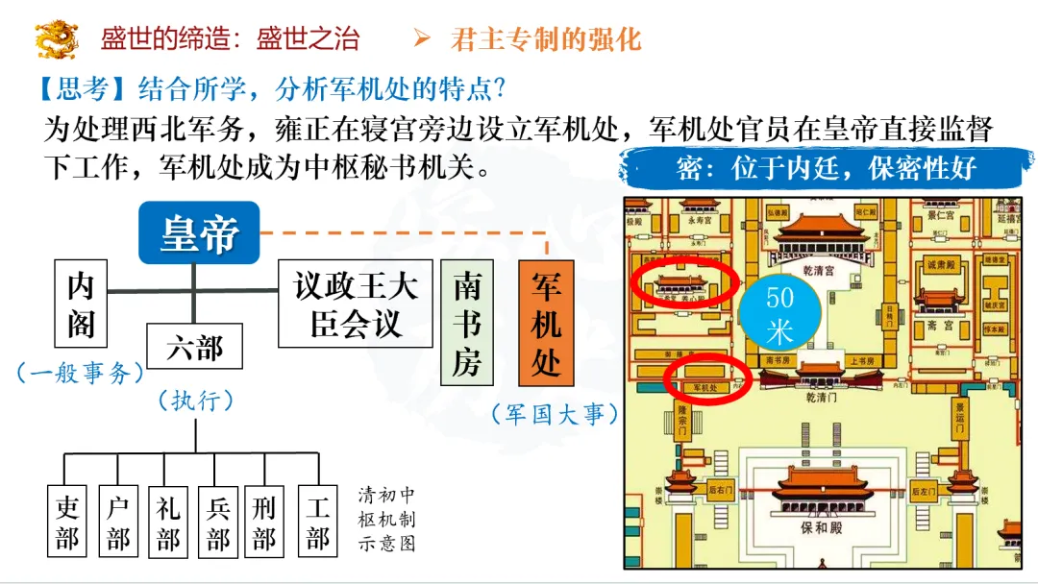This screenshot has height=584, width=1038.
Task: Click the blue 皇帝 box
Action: pyautogui.click(x=199, y=233)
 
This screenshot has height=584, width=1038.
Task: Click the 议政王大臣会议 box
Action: pyautogui.click(x=355, y=303)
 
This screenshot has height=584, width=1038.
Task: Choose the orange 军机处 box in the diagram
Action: pyautogui.click(x=546, y=322)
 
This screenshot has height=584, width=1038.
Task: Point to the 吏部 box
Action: pyautogui.click(x=67, y=523)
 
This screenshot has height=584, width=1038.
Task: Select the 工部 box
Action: pyautogui.click(x=318, y=523)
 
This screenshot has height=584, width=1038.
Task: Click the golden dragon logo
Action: pyautogui.click(x=57, y=38)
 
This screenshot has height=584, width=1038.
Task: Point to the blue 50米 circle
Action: pyautogui.click(x=779, y=314)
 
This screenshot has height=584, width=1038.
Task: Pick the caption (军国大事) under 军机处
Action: pyautogui.click(x=555, y=414)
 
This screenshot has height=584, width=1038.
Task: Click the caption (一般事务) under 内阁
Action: pyautogui.click(x=80, y=372)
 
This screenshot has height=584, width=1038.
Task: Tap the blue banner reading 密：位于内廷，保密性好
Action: pyautogui.click(x=827, y=170)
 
